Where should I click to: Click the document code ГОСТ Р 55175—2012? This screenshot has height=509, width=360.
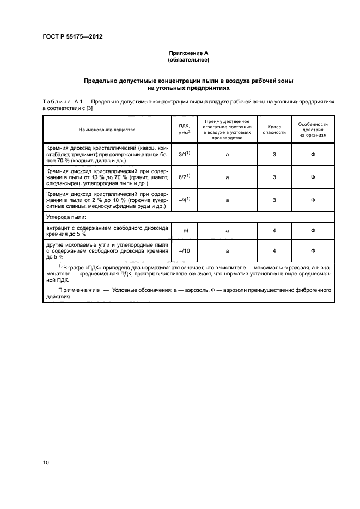tap(72, 37)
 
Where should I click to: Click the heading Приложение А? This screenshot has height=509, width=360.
tap(188, 53)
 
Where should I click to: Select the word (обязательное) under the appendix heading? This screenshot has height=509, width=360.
tap(188, 59)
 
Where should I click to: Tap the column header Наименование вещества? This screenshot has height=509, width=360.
tap(107, 130)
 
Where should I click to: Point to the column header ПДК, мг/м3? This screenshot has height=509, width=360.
tap(180, 130)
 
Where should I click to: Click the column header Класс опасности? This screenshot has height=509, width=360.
tap(274, 130)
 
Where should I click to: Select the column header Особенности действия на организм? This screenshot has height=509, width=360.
tap(313, 130)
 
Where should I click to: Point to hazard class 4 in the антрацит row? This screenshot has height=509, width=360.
tap(274, 231)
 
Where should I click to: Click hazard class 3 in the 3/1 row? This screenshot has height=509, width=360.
tap(274, 155)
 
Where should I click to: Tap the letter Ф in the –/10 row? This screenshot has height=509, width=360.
tap(313, 251)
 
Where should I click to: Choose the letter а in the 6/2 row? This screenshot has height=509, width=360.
tap(227, 177)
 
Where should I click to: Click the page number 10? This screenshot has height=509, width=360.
tap(46, 463)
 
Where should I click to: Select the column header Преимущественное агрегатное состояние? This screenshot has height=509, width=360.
tap(227, 130)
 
